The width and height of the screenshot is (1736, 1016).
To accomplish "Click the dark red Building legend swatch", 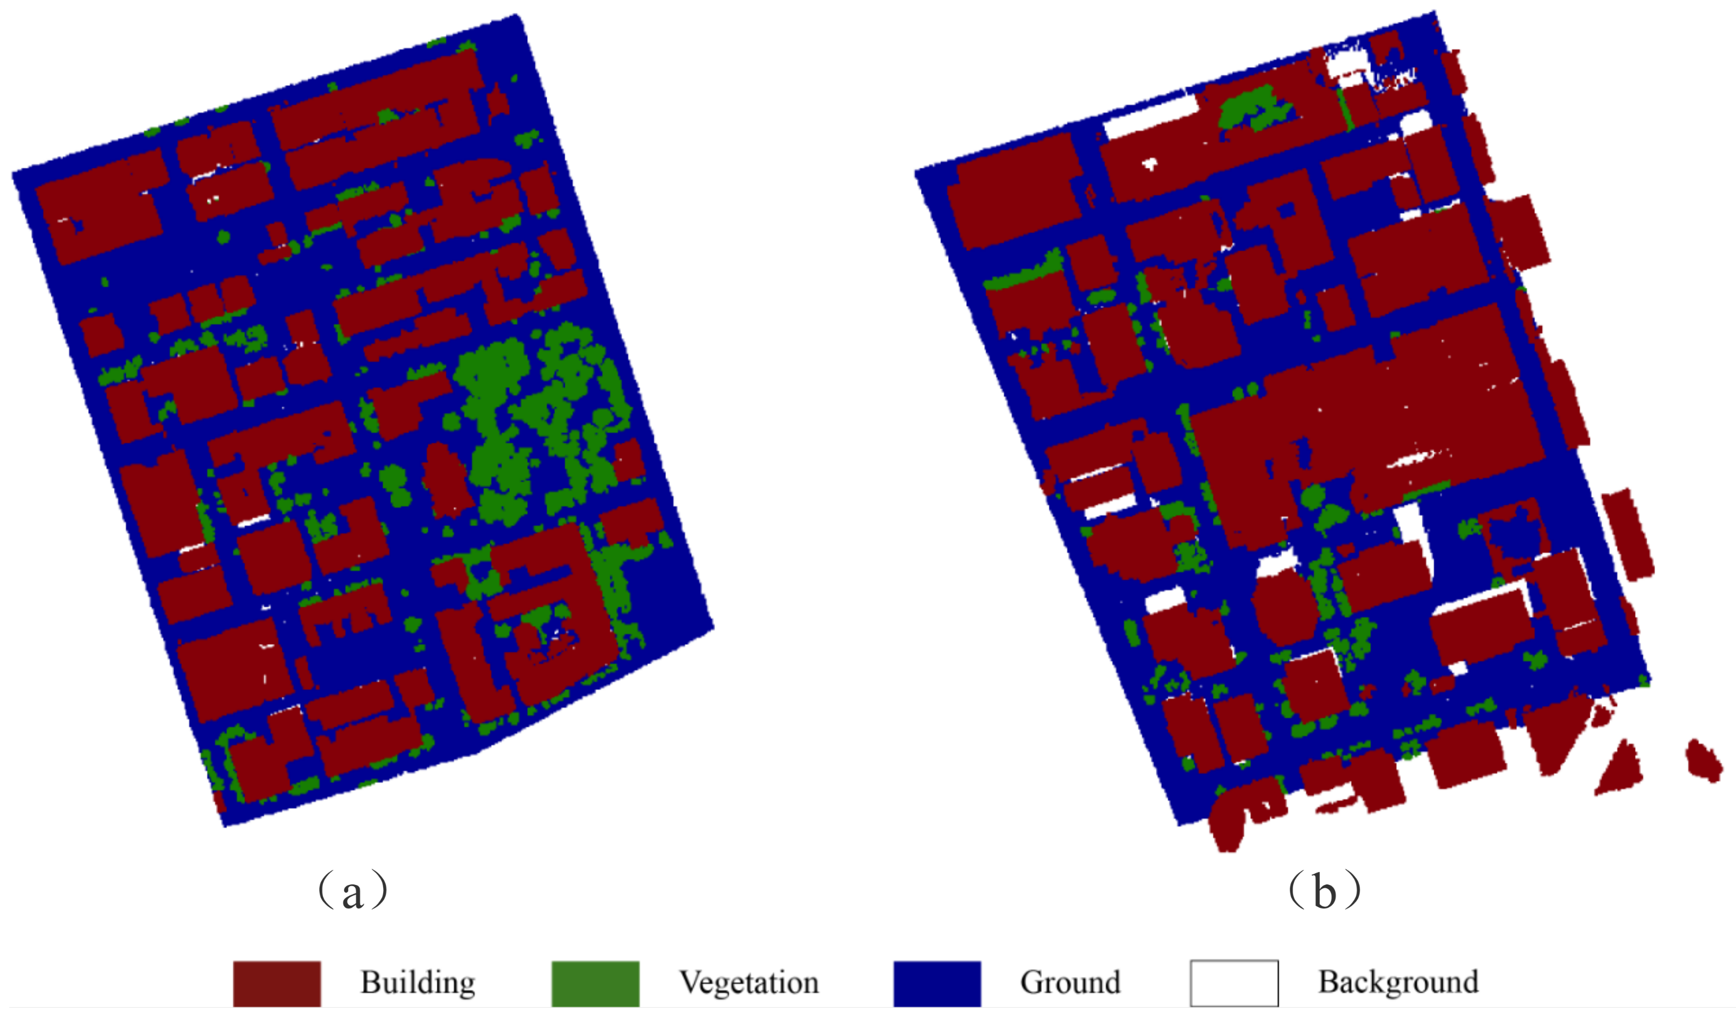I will (x=276, y=984).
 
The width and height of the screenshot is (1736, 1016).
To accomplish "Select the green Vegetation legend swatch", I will (x=595, y=984).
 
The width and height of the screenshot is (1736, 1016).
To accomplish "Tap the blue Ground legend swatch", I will (x=937, y=984).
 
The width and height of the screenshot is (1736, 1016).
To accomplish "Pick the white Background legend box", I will (x=1234, y=984).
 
